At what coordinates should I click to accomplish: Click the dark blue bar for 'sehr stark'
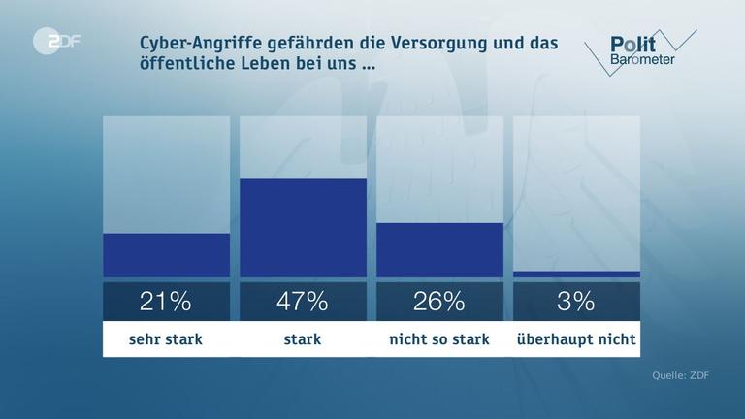tap(166, 255)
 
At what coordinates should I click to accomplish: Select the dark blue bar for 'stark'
tap(303, 228)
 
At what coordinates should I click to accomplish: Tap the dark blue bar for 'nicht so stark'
tap(439, 250)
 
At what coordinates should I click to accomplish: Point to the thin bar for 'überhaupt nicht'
tap(576, 274)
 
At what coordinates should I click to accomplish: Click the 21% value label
tap(166, 302)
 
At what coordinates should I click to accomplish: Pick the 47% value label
tap(303, 302)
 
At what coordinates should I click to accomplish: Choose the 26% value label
tap(439, 302)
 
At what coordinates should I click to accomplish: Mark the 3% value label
tap(576, 302)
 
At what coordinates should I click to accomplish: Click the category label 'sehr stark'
tap(166, 339)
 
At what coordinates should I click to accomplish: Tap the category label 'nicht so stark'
tap(439, 339)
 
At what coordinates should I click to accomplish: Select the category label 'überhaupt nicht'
tap(576, 339)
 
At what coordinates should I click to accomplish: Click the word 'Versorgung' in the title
tap(431, 45)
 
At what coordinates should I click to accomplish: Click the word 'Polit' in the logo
tap(632, 44)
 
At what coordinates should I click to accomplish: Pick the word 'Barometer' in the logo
tap(643, 60)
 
